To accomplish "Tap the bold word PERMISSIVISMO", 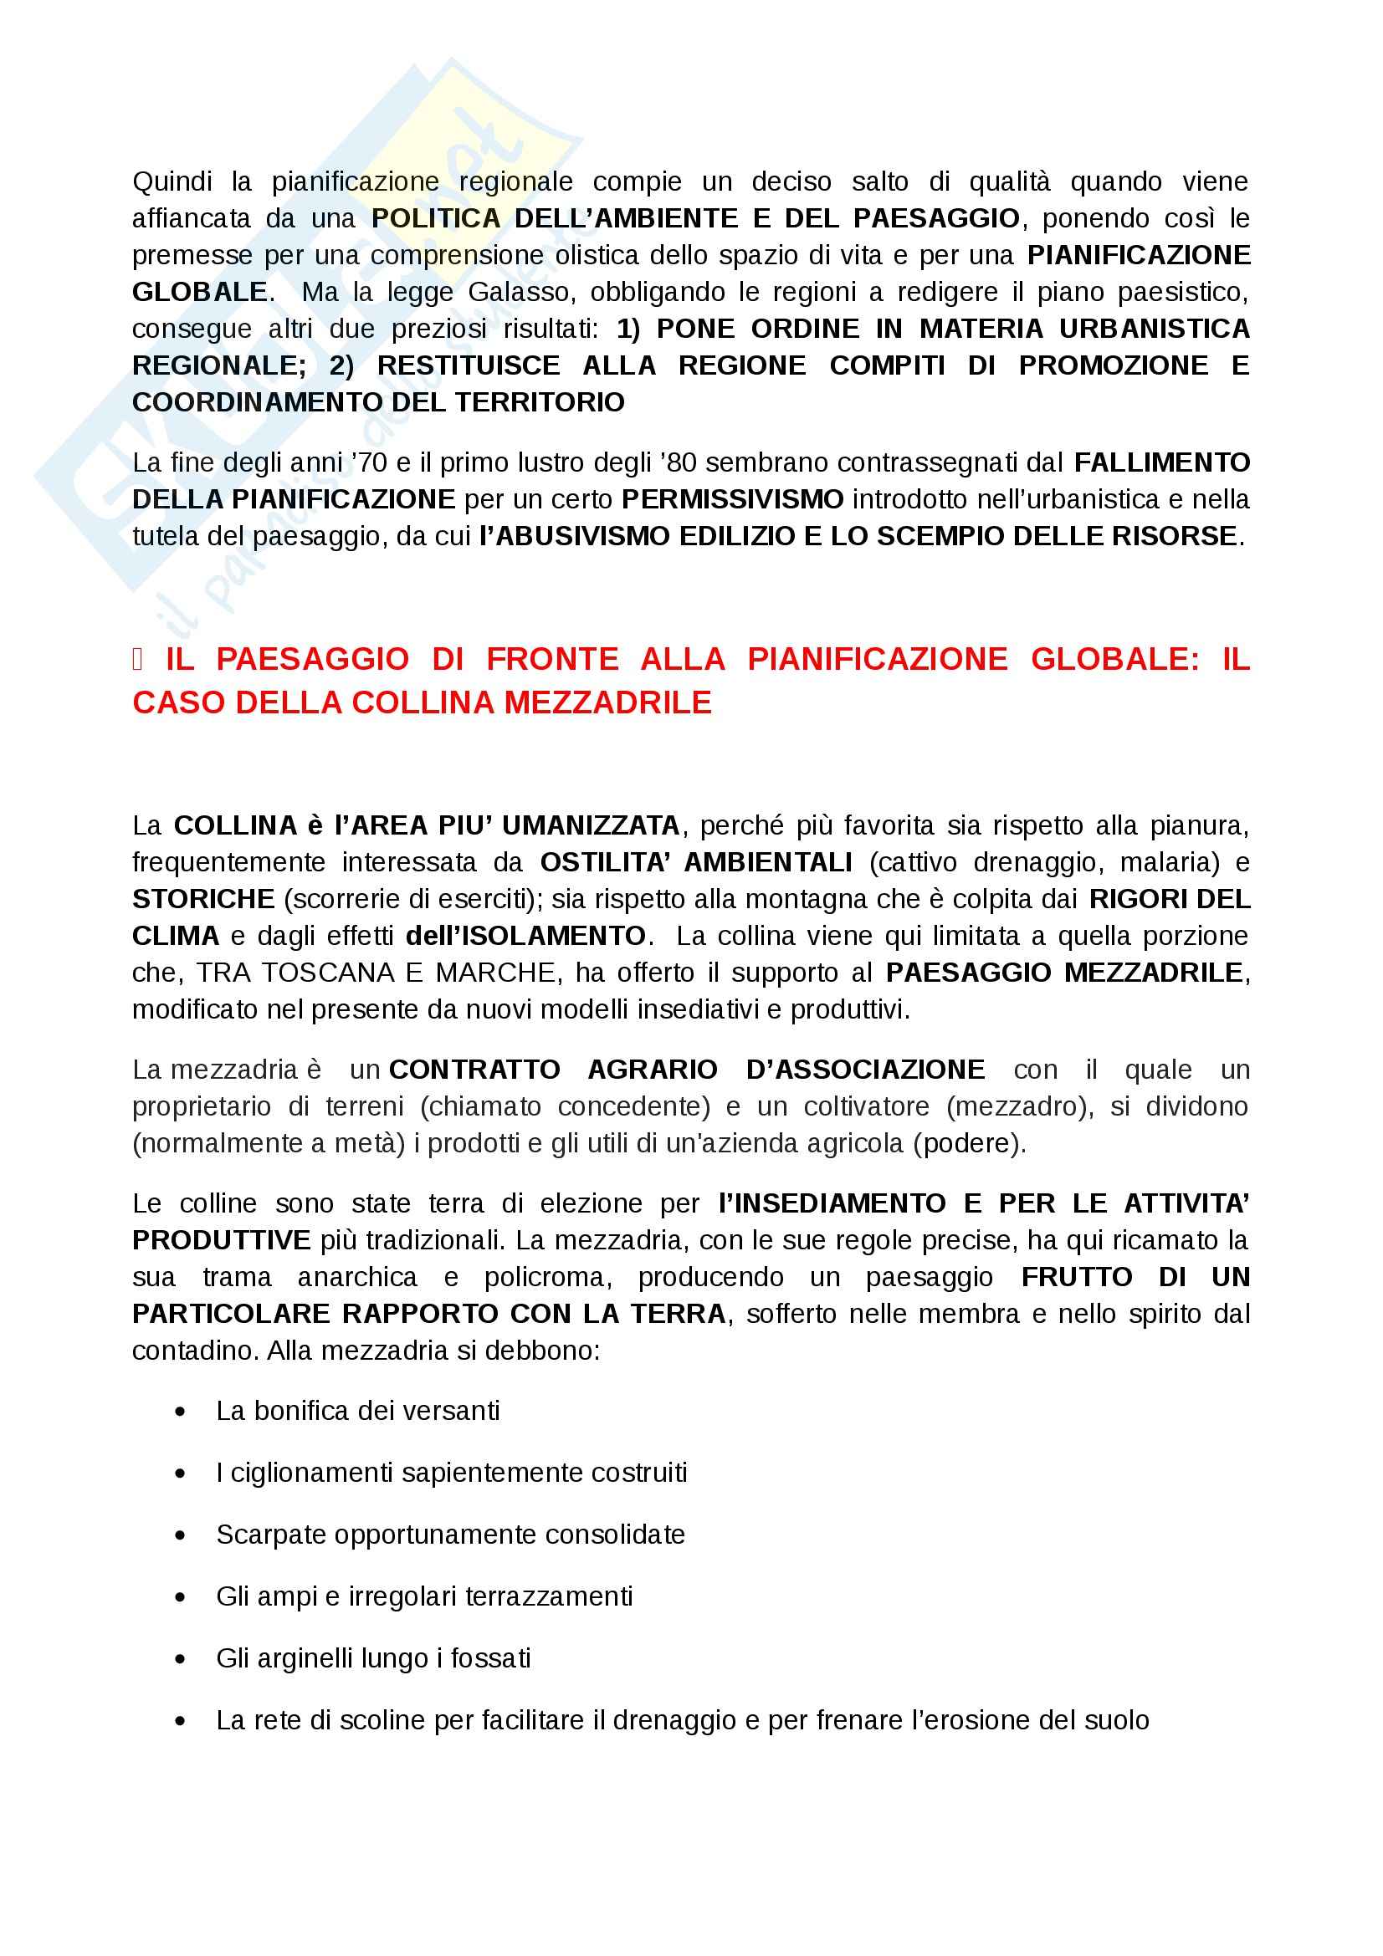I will pyautogui.click(x=733, y=499).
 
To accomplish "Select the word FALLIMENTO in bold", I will pyautogui.click(x=1161, y=462).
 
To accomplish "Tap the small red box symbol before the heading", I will pyautogui.click(x=138, y=659).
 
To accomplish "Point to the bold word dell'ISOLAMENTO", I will pyautogui.click(x=525, y=937).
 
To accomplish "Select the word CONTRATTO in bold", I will pyautogui.click(x=474, y=1070).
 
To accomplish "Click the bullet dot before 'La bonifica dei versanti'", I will pyautogui.click(x=180, y=1412).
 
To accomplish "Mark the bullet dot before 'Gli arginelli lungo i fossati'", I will pyautogui.click(x=180, y=1658).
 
